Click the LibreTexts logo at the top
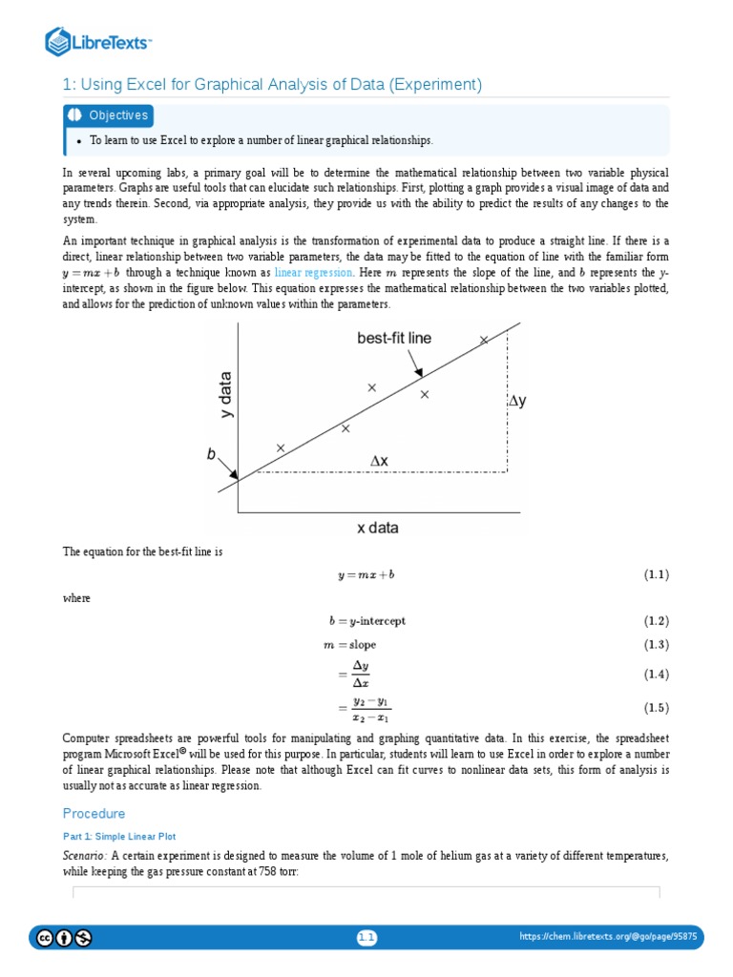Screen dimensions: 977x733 [99, 41]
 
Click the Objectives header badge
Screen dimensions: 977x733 [109, 115]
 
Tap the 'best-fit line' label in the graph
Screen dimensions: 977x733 [394, 338]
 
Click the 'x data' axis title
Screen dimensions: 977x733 [377, 528]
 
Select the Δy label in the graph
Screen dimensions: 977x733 [516, 402]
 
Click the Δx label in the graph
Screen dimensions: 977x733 [379, 461]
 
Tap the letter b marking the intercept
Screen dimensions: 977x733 [212, 456]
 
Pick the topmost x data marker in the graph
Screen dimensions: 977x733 [484, 340]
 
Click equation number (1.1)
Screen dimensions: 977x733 [656, 575]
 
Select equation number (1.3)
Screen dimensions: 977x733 [656, 645]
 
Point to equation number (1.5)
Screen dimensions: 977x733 [656, 708]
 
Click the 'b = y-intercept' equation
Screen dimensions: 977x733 [366, 621]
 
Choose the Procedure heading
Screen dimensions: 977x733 [94, 814]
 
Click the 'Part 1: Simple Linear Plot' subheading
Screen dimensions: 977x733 [118, 836]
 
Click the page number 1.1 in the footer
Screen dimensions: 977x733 [367, 938]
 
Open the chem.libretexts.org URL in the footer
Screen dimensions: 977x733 [608, 938]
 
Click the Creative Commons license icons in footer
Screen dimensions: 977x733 [64, 938]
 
